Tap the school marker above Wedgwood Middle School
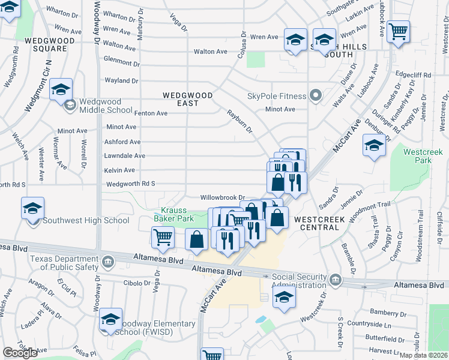[61, 90]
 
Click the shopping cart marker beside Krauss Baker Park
[163, 236]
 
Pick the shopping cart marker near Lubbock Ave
[398, 31]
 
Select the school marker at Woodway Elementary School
[110, 320]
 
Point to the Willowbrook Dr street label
[223, 197]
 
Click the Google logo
[20, 353]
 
